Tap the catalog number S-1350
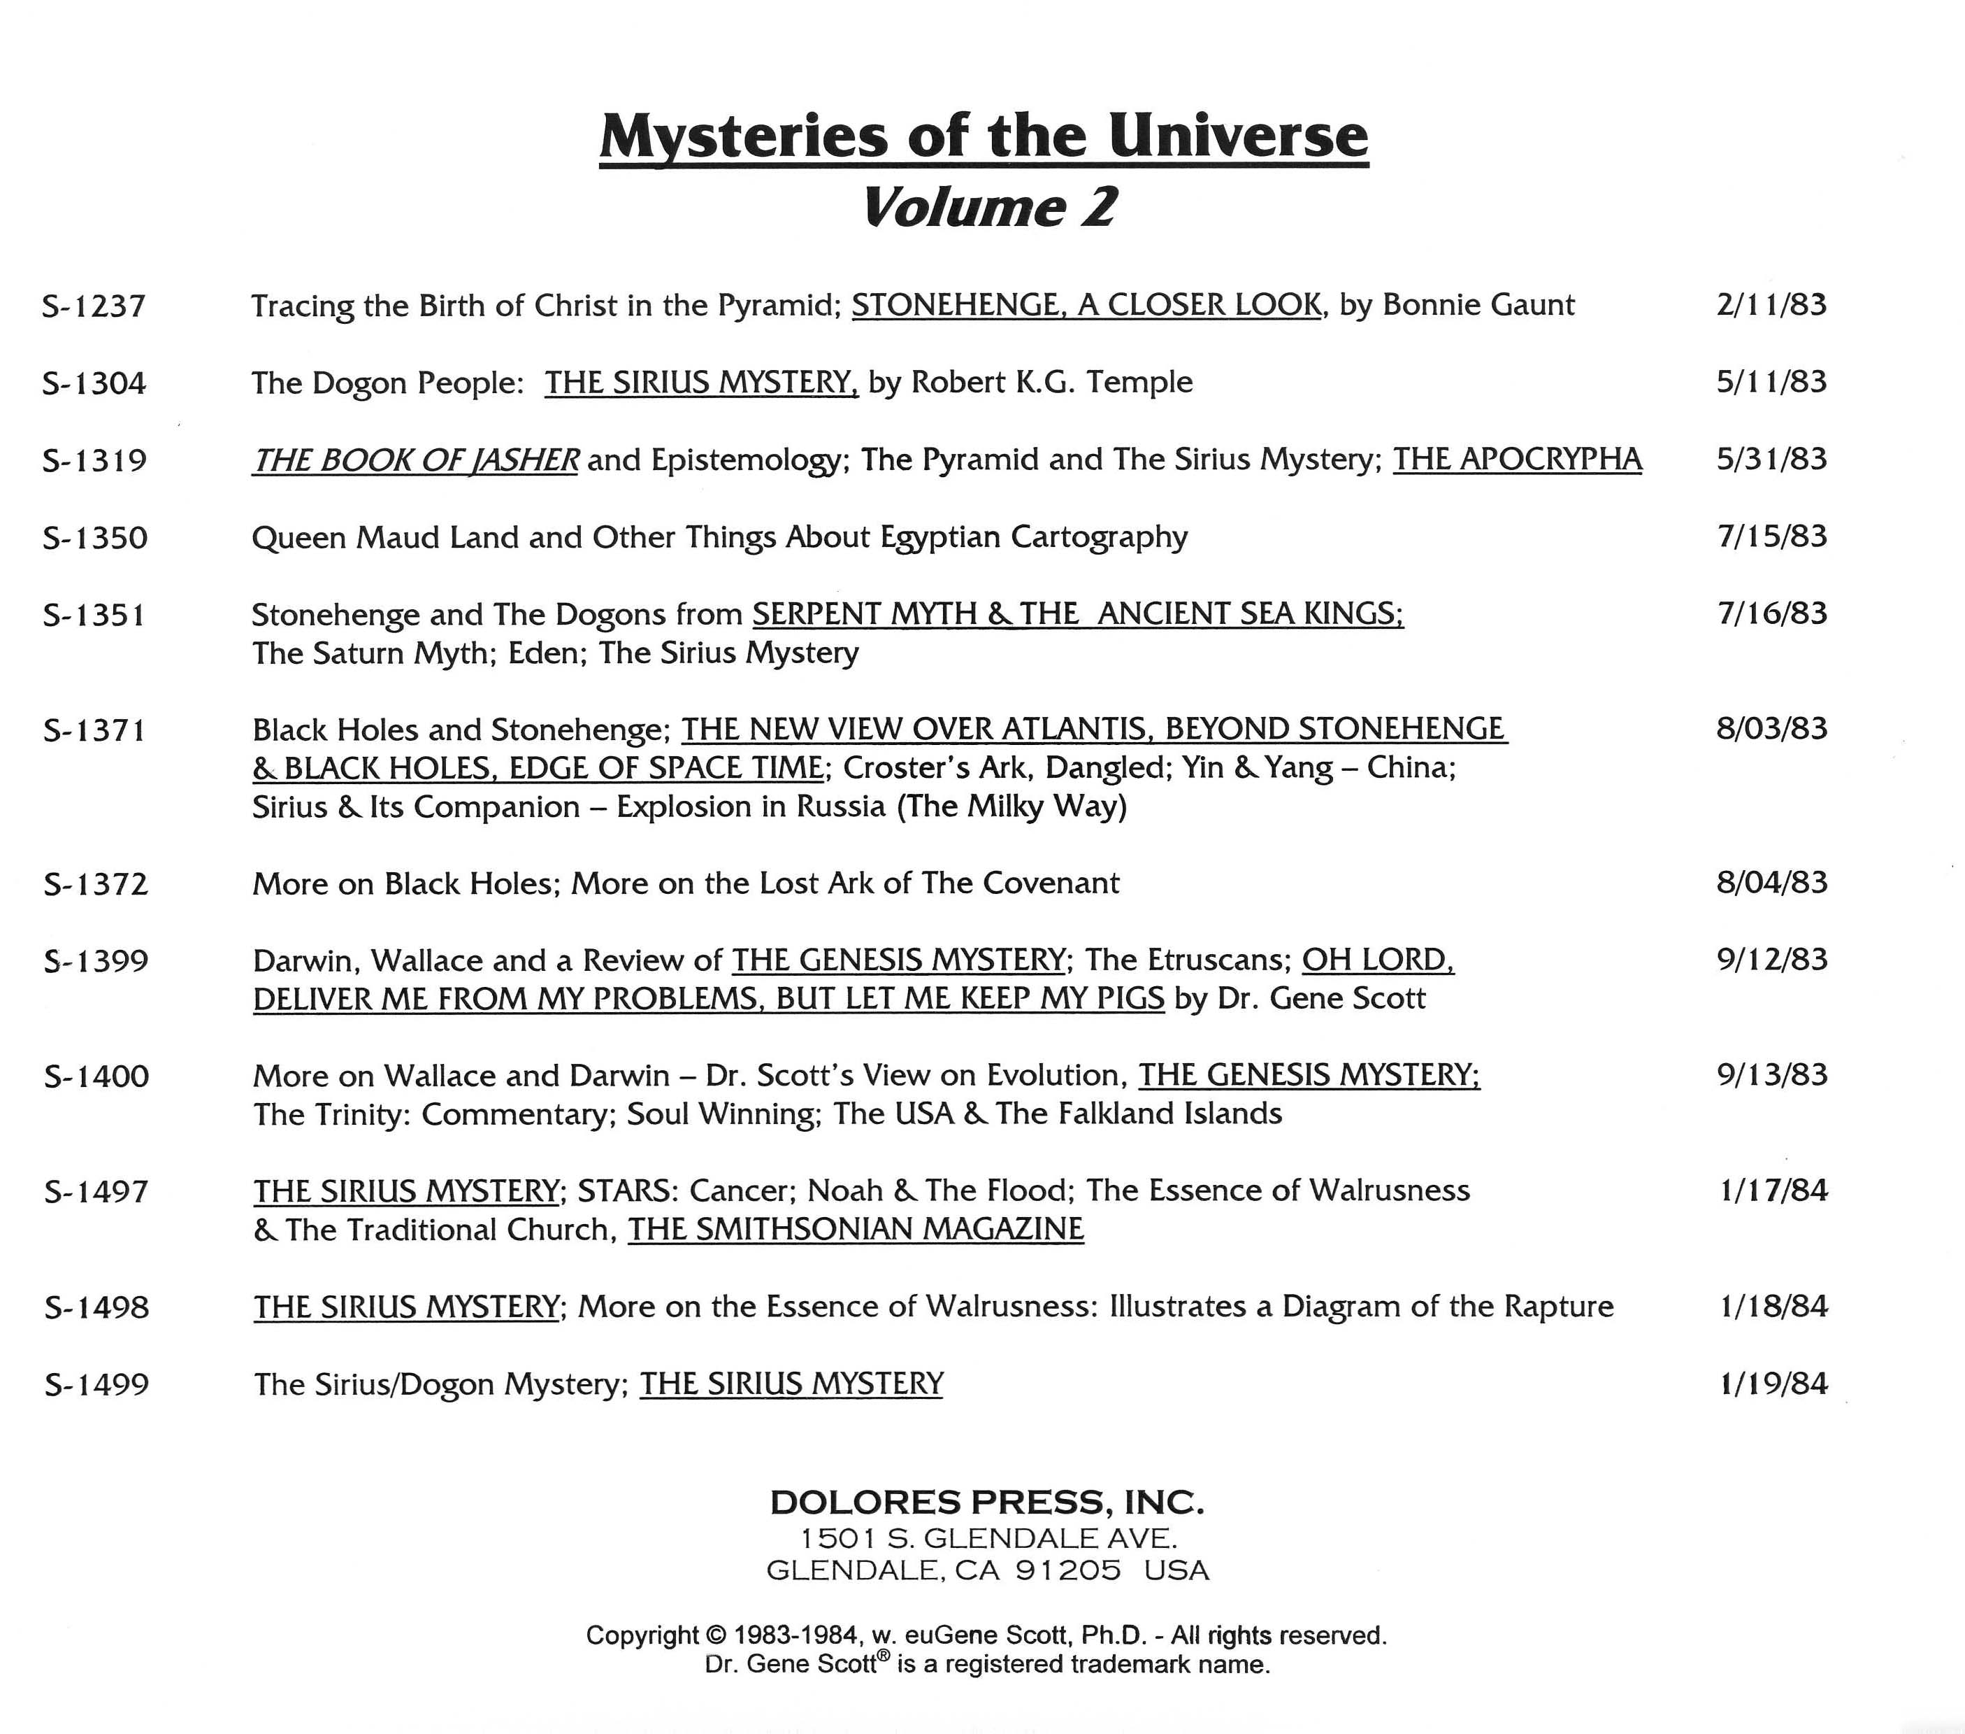[95, 536]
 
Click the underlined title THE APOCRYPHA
[1517, 460]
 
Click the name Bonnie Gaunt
[1478, 305]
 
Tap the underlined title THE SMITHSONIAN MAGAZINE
[856, 1229]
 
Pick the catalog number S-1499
[97, 1385]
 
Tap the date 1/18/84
[1773, 1307]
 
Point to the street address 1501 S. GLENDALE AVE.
[987, 1538]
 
